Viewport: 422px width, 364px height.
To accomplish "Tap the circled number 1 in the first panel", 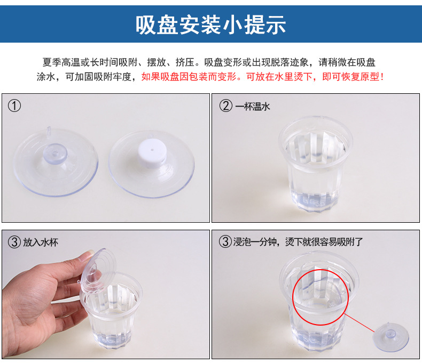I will [x=14, y=106].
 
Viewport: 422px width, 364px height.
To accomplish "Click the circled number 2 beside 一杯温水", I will [x=226, y=106].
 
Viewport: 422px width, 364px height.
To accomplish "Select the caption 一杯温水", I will [x=253, y=107].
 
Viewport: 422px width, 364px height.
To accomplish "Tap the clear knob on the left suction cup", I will [x=57, y=153].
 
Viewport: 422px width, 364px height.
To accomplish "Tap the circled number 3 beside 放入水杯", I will [x=14, y=242].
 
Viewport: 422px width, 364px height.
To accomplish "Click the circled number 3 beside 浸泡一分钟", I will [x=226, y=242].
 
